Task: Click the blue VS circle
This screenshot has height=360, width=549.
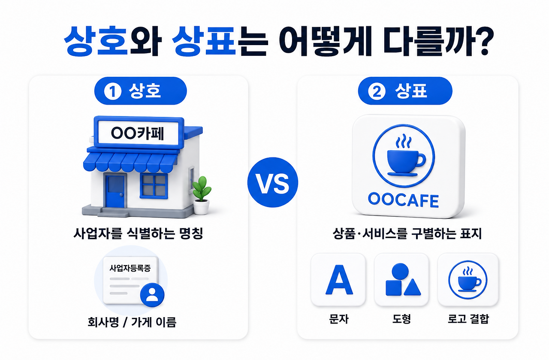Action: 273,182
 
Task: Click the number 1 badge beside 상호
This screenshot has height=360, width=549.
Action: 113,91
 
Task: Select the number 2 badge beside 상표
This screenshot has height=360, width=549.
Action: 377,91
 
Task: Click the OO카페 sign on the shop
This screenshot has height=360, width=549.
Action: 138,133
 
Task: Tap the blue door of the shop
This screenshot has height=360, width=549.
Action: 115,191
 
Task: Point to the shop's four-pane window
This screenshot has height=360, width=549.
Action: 154,186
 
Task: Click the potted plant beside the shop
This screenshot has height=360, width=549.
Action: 202,196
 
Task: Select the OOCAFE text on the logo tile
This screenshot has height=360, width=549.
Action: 404,200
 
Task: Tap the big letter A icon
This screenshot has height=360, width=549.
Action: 339,280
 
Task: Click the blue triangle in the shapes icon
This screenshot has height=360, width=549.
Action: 412,287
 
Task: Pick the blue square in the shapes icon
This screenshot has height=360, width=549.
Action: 394,288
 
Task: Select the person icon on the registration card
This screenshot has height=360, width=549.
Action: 152,295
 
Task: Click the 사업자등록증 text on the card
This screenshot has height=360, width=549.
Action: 130,268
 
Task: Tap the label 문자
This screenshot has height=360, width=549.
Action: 339,319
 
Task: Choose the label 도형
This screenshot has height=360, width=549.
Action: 401,319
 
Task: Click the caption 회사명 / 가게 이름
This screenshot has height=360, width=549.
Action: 132,322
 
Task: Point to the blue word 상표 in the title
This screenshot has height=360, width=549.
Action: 204,41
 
